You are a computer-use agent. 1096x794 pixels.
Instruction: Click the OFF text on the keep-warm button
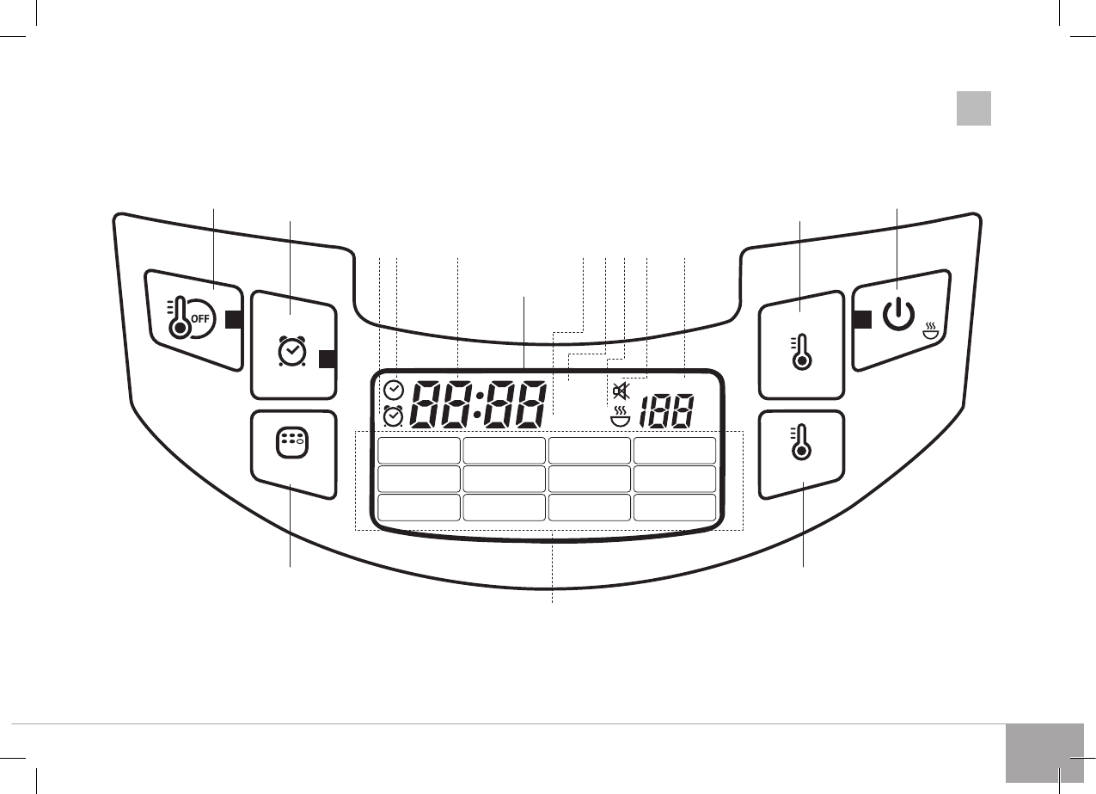click(200, 318)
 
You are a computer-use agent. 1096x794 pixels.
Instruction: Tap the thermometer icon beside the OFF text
click(178, 317)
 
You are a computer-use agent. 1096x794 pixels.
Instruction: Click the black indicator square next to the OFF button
click(234, 320)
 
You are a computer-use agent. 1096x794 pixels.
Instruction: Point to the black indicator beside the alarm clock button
click(328, 359)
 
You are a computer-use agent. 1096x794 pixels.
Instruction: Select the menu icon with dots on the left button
click(292, 443)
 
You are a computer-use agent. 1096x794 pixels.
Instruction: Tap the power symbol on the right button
click(898, 314)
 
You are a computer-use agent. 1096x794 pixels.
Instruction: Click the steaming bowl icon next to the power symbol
click(931, 331)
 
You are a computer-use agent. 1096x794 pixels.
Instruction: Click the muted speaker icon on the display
click(621, 391)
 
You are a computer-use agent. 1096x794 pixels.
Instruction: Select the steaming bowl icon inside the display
click(620, 416)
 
